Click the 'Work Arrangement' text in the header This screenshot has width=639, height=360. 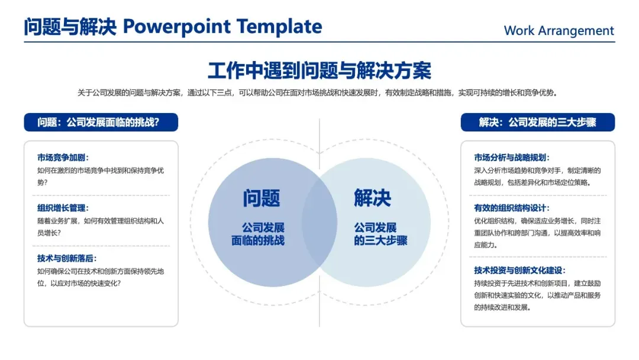click(559, 31)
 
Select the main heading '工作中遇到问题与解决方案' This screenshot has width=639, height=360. click(319, 70)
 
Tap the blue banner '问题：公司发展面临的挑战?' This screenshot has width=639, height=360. click(101, 123)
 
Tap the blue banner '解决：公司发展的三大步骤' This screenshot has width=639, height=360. click(537, 123)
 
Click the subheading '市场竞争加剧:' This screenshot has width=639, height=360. click(63, 157)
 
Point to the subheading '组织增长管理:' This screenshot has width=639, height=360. click(63, 208)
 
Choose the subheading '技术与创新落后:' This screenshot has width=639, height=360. click(67, 258)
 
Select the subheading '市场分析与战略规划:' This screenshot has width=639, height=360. click(512, 157)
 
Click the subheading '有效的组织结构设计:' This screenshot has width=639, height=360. click(512, 208)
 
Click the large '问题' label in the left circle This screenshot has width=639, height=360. click(261, 198)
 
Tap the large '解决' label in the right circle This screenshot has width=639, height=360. click(373, 198)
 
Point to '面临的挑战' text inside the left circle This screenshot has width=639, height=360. click(258, 240)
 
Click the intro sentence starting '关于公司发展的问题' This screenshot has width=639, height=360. click(319, 92)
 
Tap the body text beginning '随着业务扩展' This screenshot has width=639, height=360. click(101, 227)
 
